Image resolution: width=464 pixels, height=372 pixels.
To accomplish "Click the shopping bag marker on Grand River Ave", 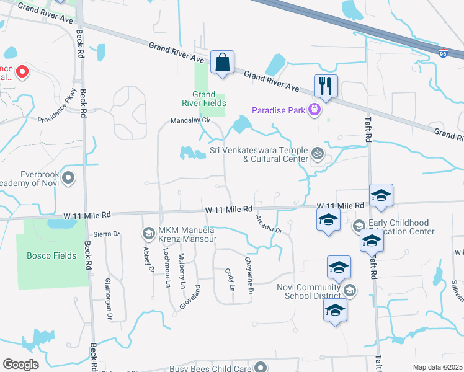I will (x=222, y=62).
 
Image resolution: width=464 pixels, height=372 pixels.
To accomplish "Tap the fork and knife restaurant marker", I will (x=326, y=85).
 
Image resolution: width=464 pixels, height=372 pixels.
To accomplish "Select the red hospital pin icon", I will (x=22, y=72).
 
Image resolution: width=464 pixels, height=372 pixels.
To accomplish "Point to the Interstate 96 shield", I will (x=443, y=54).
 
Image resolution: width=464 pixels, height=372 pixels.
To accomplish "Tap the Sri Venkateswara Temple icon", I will (x=318, y=153).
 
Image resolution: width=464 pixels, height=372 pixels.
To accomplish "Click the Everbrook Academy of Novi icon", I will (x=69, y=179).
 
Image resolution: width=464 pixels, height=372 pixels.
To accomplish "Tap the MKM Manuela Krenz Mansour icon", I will (x=148, y=233).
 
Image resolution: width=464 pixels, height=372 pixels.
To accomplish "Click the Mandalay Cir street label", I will (x=192, y=122).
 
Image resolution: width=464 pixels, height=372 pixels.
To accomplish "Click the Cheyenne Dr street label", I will (x=250, y=275).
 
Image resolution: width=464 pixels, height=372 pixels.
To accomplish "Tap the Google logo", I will (x=21, y=365).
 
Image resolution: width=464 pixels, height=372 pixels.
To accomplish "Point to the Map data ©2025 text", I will (x=437, y=367).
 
